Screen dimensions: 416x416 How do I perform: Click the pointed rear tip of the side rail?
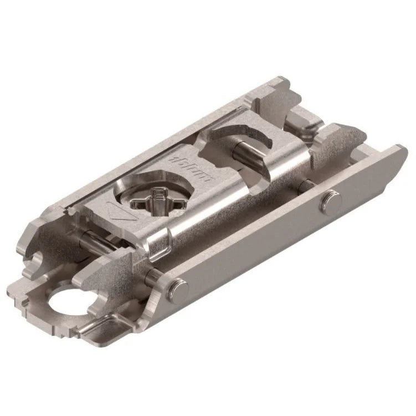pyautogui.click(x=402, y=148)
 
